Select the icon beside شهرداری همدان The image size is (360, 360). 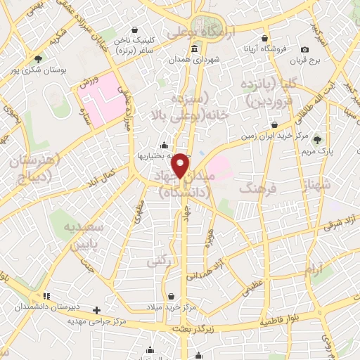pyautogui.click(x=195, y=49)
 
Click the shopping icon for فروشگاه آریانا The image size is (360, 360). pyautogui.click(x=264, y=38)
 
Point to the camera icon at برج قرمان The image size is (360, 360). pyautogui.click(x=304, y=49)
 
